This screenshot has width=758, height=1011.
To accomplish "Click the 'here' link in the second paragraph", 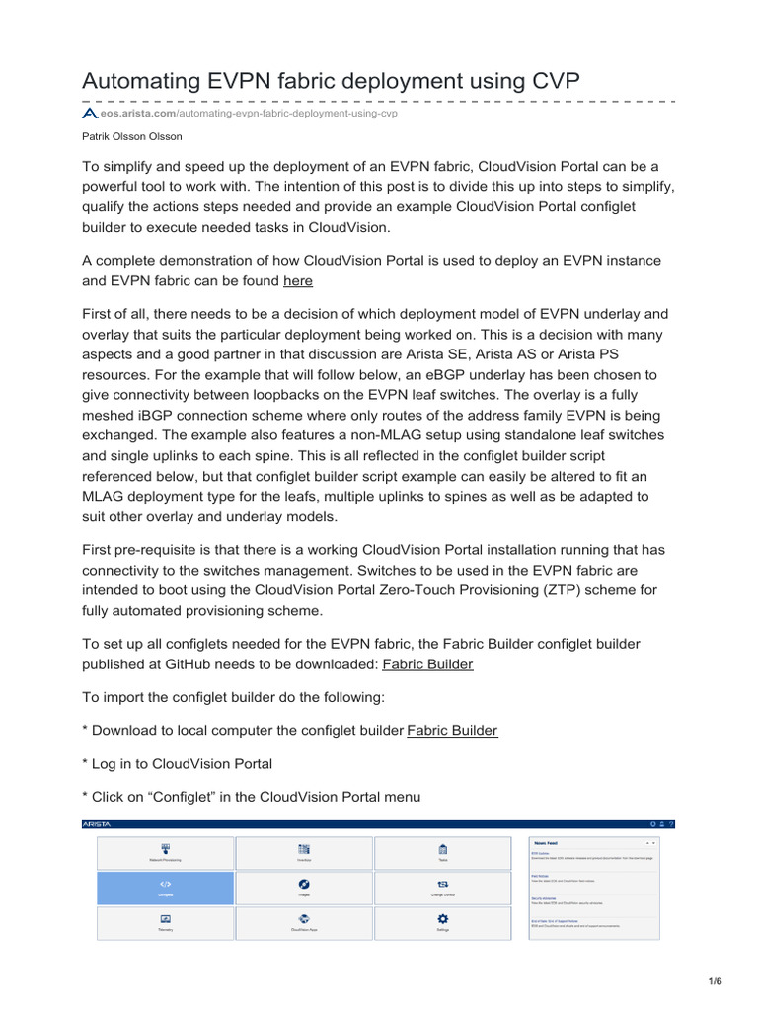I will click(298, 281).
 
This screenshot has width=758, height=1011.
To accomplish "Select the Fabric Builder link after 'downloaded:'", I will click(427, 664).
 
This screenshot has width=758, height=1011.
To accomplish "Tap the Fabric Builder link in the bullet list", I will click(452, 731).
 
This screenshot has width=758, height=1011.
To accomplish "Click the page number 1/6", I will click(716, 981).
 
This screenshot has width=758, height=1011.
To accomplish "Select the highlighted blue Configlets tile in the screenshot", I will click(166, 888).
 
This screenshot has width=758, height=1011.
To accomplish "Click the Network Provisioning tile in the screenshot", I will click(166, 853).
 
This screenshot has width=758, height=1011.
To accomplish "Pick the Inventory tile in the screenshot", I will click(304, 853).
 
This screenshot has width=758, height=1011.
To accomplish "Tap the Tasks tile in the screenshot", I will click(443, 853).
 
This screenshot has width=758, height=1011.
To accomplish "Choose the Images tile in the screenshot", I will click(304, 888).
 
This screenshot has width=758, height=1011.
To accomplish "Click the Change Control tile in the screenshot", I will click(443, 888).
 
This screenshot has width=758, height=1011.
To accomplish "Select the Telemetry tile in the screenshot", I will click(166, 922).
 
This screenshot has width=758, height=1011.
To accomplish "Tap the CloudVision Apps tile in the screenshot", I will click(304, 922).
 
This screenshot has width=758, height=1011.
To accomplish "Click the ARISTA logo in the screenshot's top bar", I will click(97, 823).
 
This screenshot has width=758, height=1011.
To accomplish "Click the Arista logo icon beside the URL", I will click(90, 114).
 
